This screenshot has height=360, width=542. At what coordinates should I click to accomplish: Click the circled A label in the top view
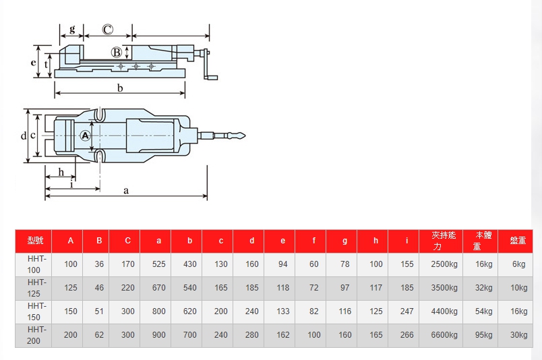(85, 136)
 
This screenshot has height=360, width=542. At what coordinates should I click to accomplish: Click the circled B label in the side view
(116, 53)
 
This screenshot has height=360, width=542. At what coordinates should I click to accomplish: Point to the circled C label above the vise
(107, 30)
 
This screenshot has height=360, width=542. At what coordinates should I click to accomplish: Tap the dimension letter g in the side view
(72, 30)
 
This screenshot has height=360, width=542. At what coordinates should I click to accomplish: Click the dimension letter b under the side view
(119, 88)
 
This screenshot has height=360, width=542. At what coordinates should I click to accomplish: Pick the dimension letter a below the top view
(126, 191)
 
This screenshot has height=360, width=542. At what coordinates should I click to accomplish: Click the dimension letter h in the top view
(61, 172)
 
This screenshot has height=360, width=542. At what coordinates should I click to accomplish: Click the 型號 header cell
(35, 241)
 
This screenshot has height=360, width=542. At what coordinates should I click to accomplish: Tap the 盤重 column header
(518, 241)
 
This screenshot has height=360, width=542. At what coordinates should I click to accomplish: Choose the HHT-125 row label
(34, 288)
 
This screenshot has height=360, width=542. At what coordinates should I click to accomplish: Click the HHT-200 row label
(34, 335)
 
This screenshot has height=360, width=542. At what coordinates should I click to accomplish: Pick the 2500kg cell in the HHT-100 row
(444, 264)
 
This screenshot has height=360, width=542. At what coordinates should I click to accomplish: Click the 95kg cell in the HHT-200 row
(483, 335)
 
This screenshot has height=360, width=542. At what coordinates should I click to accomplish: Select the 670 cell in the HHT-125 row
(158, 288)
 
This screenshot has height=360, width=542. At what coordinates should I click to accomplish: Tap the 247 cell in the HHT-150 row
(406, 311)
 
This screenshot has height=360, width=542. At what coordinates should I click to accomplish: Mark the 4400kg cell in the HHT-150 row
(444, 311)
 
